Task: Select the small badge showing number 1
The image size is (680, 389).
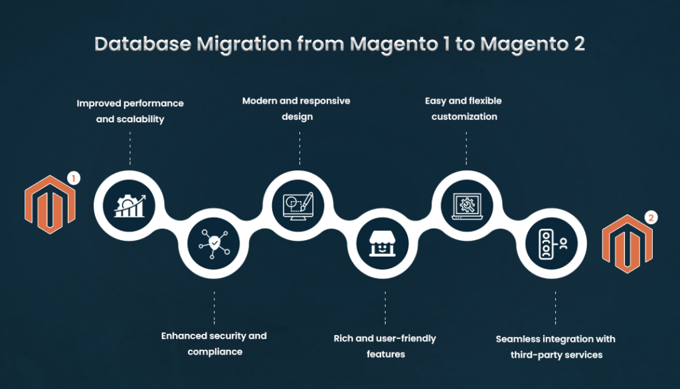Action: point(74,178)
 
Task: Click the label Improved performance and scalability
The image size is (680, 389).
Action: point(130,112)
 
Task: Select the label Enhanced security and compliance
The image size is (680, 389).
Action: point(214,343)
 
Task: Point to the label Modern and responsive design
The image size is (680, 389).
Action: point(296,108)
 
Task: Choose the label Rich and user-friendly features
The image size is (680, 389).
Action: point(384,346)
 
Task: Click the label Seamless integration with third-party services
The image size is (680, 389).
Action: point(556,346)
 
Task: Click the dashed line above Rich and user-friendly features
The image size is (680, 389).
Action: point(384,307)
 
